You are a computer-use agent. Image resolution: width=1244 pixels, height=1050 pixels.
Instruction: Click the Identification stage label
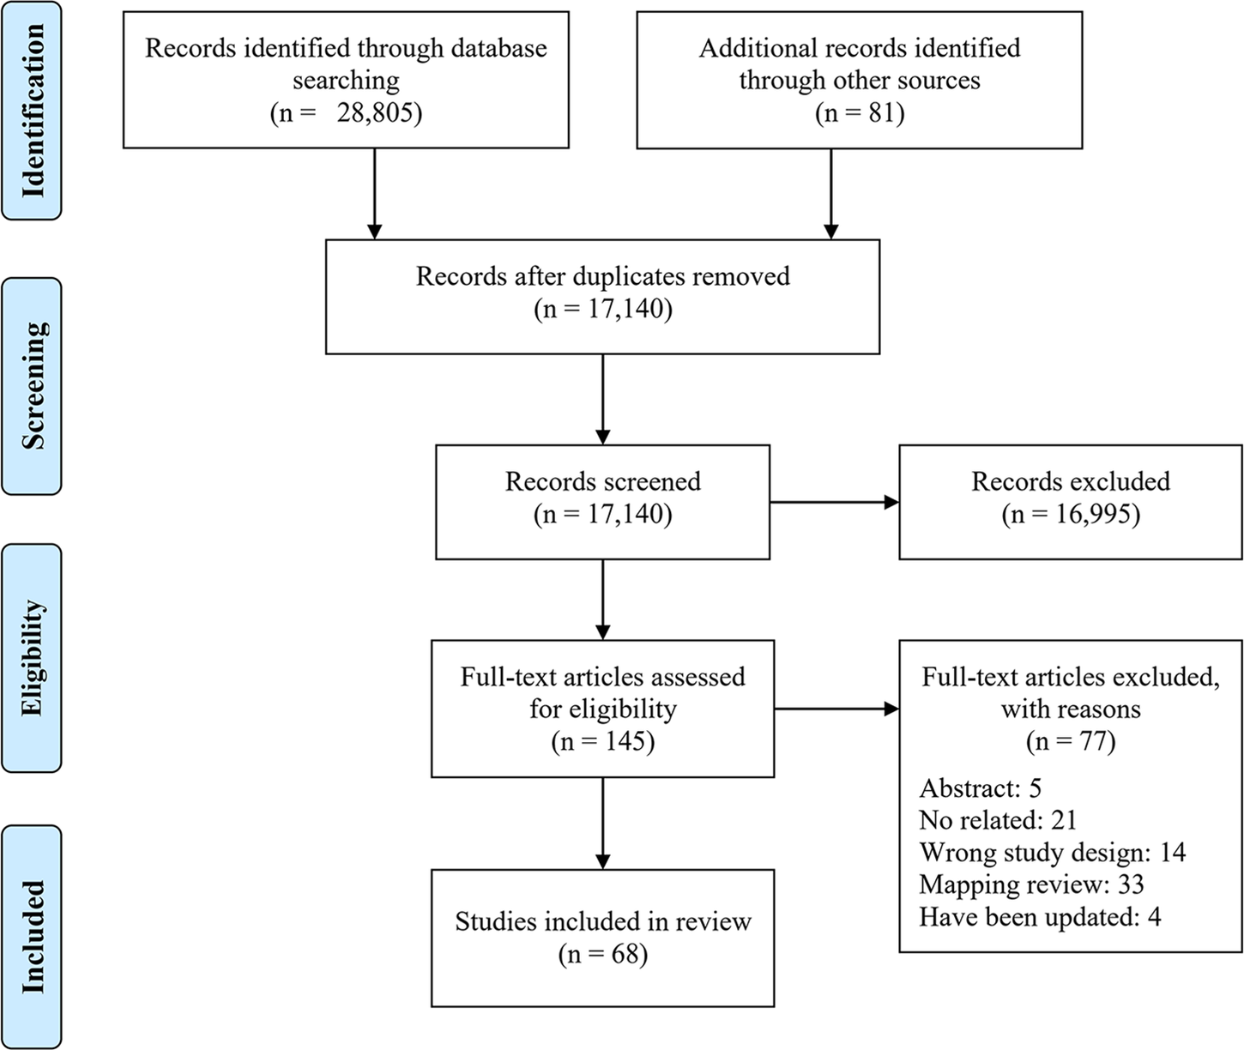click(x=32, y=111)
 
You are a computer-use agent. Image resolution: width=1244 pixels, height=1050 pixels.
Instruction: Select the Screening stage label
click(x=32, y=385)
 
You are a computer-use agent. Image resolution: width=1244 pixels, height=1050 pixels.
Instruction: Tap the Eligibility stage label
click(x=32, y=657)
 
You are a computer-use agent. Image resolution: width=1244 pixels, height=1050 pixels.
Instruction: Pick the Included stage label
click(x=32, y=937)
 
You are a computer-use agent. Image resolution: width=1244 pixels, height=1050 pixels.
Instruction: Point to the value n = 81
click(x=860, y=113)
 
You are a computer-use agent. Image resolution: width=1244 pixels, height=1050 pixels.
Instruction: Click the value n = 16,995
click(x=1071, y=514)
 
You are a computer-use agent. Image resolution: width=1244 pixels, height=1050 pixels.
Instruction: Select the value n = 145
click(x=602, y=741)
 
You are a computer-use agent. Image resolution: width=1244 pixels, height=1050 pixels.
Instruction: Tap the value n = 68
click(x=602, y=954)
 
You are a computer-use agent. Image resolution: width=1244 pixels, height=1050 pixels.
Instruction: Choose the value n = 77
click(x=1071, y=741)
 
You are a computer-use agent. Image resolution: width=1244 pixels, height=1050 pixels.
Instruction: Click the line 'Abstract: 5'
click(x=980, y=787)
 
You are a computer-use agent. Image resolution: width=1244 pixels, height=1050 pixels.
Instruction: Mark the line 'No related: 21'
click(x=998, y=820)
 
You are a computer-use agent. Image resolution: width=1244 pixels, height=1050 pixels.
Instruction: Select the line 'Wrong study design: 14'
click(x=1052, y=853)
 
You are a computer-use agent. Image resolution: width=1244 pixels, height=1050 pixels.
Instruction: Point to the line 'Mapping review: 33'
click(x=1031, y=884)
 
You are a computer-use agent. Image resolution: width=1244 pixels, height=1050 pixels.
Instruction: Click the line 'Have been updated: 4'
click(x=1040, y=917)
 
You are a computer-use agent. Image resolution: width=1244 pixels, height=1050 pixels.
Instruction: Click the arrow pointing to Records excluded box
click(x=834, y=503)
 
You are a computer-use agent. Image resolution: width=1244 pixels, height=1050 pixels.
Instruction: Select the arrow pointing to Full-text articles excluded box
click(x=836, y=709)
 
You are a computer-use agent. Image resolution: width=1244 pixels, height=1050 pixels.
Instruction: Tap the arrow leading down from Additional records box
click(x=830, y=193)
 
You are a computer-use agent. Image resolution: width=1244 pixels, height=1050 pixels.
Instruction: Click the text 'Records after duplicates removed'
click(x=602, y=276)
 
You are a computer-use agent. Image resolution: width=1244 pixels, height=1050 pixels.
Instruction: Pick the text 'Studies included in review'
click(x=602, y=921)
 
